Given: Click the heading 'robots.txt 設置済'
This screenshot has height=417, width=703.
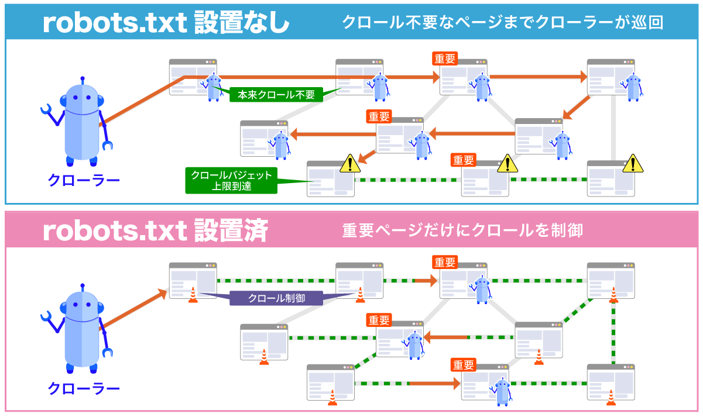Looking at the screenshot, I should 155,230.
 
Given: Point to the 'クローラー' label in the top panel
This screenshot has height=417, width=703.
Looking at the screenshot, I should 83,180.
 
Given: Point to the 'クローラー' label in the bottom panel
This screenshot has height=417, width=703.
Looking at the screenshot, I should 83,388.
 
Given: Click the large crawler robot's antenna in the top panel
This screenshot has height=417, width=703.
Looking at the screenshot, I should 83,80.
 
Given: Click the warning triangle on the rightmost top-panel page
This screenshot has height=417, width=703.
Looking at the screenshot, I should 633,164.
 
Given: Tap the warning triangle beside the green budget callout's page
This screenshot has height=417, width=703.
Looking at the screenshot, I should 350,163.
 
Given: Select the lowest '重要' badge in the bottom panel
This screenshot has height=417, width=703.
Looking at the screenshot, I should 463,365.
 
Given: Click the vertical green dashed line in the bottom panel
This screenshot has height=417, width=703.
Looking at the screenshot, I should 613,333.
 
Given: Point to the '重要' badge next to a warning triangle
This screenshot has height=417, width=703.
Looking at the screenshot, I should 463,160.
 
